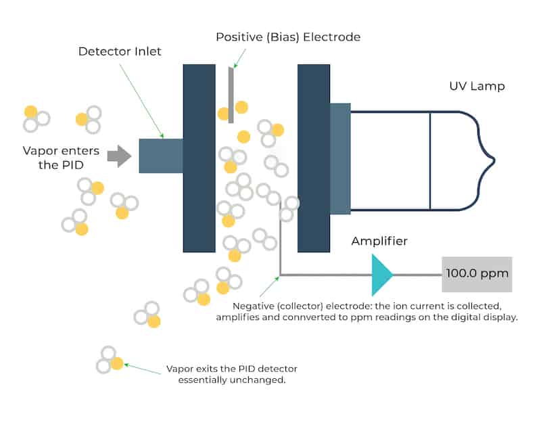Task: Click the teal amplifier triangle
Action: click(x=381, y=274)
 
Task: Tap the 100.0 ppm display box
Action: click(x=477, y=275)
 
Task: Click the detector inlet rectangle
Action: click(x=160, y=156)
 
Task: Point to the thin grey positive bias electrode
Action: click(x=231, y=95)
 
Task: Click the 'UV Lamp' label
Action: click(x=477, y=87)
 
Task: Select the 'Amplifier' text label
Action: click(x=379, y=242)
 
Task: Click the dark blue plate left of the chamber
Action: click(x=199, y=158)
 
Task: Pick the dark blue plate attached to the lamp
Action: click(x=314, y=158)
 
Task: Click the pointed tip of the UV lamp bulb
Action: click(x=494, y=161)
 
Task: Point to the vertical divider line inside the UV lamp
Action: click(x=430, y=161)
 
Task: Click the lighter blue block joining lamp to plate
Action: click(x=340, y=158)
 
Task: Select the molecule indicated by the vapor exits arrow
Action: click(x=110, y=360)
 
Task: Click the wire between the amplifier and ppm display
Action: click(x=417, y=275)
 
